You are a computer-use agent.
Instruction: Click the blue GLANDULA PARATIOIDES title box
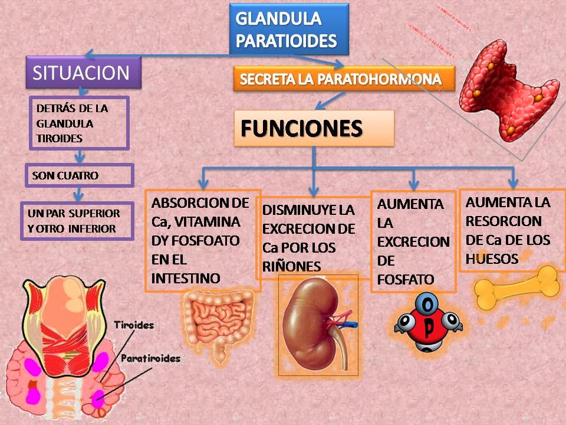tap(288, 29)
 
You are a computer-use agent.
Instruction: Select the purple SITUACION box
tap(84, 73)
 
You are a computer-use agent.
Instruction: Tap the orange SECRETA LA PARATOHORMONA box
tap(344, 79)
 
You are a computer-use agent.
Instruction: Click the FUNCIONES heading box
tap(314, 127)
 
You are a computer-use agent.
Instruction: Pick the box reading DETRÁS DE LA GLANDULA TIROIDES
tap(78, 123)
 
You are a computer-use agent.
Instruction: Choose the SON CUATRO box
tap(78, 175)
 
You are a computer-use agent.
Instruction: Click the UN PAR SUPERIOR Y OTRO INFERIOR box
tap(77, 221)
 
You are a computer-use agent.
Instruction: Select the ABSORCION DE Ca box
tap(202, 240)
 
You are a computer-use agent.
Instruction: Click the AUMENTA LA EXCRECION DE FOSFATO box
tap(413, 241)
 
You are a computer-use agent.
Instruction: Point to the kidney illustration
tap(318, 325)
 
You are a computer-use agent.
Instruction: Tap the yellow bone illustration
tap(516, 287)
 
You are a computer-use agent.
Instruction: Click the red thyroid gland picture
tap(509, 89)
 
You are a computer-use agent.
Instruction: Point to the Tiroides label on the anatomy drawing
tap(134, 325)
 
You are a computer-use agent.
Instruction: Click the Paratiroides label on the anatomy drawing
tap(150, 358)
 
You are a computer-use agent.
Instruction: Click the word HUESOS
tap(492, 259)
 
